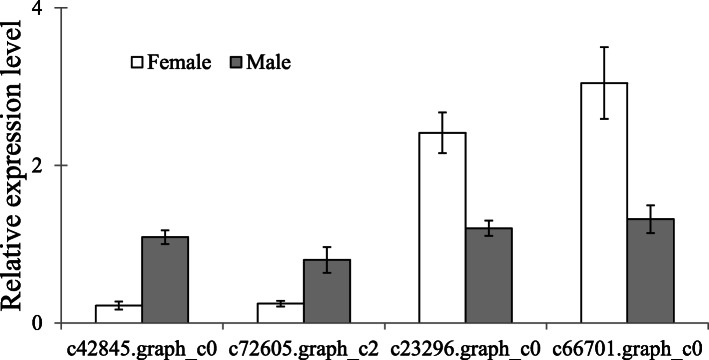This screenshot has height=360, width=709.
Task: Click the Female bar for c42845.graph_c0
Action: coord(118,314)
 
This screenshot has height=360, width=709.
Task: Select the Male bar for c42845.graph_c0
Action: coord(164,280)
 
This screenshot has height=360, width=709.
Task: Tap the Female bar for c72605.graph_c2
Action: coord(280,313)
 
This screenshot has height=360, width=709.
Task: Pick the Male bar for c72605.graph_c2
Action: coord(326,291)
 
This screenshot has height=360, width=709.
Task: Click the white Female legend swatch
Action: coord(138,63)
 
